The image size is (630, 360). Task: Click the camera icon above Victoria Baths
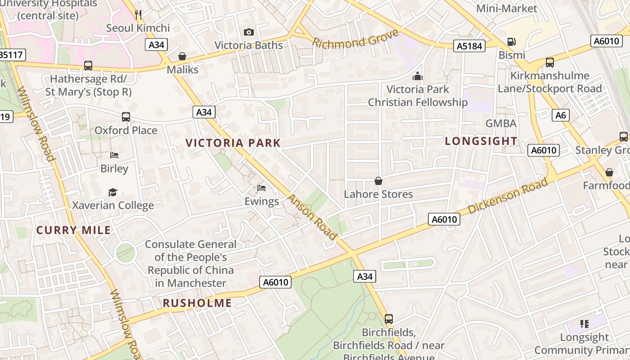click(x=248, y=32)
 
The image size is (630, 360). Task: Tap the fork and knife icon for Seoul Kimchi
click(x=138, y=15)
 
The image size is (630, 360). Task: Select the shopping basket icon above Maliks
click(x=182, y=56)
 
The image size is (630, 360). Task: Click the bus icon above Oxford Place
click(x=126, y=117)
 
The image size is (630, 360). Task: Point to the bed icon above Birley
click(x=114, y=155)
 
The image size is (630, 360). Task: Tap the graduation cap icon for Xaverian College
click(x=113, y=192)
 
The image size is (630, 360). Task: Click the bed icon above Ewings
click(x=261, y=188)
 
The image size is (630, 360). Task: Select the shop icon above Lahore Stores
click(x=378, y=181)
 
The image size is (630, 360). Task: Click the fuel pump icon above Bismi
click(x=512, y=42)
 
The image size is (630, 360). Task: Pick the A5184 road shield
click(x=469, y=46)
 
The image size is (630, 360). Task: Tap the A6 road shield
click(x=560, y=115)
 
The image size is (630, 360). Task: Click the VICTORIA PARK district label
click(x=233, y=143)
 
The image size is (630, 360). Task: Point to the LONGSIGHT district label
click(x=481, y=141)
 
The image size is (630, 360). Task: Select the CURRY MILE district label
click(x=73, y=230)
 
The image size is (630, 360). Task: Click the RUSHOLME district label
click(x=197, y=303)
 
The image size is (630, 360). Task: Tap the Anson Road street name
click(x=312, y=217)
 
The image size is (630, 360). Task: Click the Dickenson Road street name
click(x=508, y=196)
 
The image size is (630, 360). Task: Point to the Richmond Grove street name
click(x=355, y=39)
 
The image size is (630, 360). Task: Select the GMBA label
click(x=500, y=123)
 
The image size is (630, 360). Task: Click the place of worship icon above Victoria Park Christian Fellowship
click(x=418, y=76)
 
